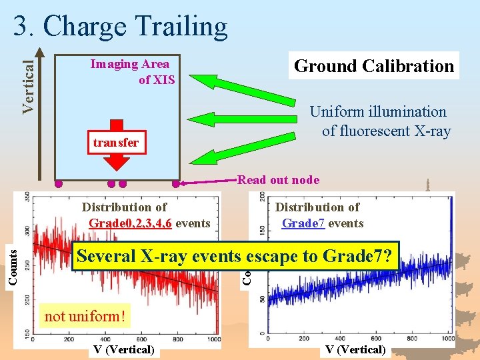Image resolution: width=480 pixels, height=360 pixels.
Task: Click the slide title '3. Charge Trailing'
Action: pyautogui.click(x=121, y=26)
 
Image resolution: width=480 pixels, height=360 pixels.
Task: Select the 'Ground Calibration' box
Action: pyautogui.click(x=374, y=66)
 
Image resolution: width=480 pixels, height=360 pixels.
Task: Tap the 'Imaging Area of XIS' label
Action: pyautogui.click(x=131, y=72)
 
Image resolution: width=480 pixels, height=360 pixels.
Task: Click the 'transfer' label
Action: pyautogui.click(x=116, y=143)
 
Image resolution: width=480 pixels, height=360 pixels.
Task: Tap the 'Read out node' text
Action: pyautogui.click(x=278, y=179)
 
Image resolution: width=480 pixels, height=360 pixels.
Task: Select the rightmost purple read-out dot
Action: pyautogui.click(x=177, y=183)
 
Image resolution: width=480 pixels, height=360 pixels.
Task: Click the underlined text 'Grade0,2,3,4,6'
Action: pyautogui.click(x=131, y=223)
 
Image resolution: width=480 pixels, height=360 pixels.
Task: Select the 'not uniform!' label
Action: pyautogui.click(x=84, y=316)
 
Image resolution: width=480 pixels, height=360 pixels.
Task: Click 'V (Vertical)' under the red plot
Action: pyautogui.click(x=123, y=349)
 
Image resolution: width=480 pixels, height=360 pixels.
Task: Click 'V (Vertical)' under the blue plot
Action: pyautogui.click(x=355, y=349)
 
